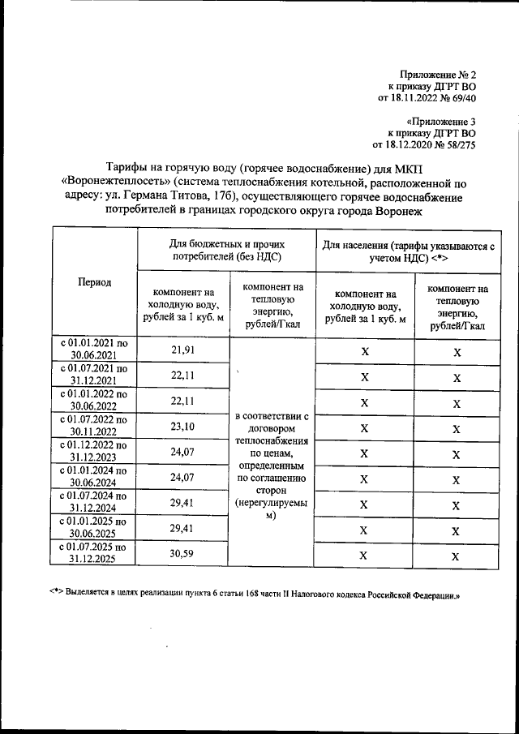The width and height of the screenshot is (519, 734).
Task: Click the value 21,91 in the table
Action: coord(183,350)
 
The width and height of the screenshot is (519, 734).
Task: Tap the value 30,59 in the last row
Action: coord(183,555)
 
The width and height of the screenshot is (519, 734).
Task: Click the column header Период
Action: coord(94,281)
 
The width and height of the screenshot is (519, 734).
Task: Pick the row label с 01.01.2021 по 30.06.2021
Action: coord(94,350)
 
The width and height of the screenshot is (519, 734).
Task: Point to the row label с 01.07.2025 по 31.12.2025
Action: coord(94,555)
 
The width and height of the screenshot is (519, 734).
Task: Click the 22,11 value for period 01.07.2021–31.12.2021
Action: coord(183,376)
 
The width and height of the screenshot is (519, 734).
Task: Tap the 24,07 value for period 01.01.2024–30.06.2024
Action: coord(183,479)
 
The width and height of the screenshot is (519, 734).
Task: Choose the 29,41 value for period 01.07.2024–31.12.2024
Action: coord(183,504)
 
